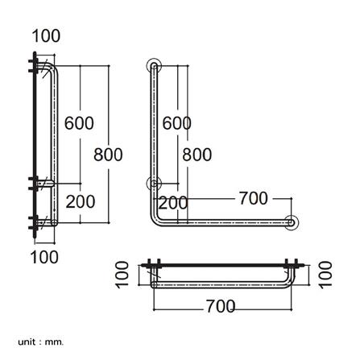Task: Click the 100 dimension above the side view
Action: [x=46, y=36]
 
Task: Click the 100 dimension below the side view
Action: [x=44, y=257]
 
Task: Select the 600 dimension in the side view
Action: [x=79, y=123]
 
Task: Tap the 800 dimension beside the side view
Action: [x=108, y=154]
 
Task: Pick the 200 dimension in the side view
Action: [x=80, y=201]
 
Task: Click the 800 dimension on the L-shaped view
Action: [x=197, y=154]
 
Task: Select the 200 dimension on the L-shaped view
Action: [x=172, y=201]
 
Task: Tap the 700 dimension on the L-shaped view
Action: [x=253, y=198]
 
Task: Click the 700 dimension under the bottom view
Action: [x=220, y=307]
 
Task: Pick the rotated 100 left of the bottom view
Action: [x=122, y=274]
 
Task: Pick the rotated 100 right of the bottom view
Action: [x=325, y=274]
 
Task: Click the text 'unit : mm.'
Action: [x=40, y=341]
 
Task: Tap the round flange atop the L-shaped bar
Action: [x=153, y=64]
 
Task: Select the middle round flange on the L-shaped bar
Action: [x=153, y=184]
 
